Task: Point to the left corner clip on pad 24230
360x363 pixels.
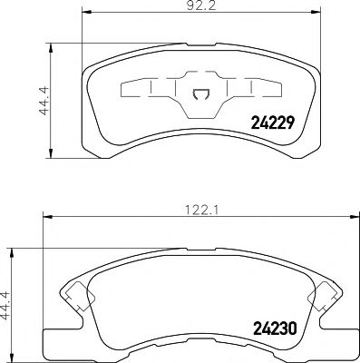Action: (x=75, y=293)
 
